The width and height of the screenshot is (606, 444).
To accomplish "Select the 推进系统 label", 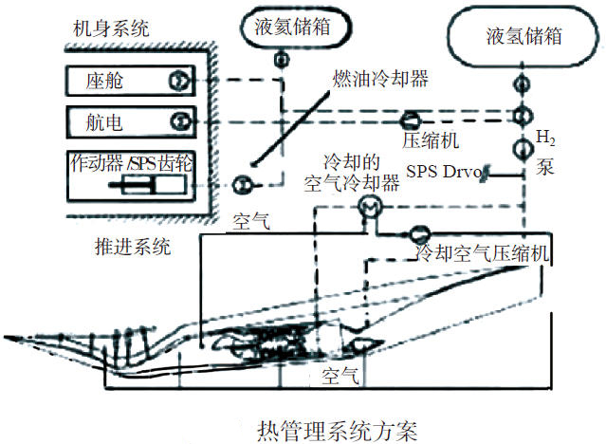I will (x=136, y=248).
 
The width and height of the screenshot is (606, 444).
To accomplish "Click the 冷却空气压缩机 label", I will (x=483, y=253).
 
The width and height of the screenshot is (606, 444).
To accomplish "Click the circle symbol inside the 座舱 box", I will (x=177, y=82).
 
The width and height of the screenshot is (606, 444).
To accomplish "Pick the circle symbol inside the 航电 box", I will (x=177, y=120).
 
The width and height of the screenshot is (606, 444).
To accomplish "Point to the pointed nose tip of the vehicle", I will (x=6, y=337).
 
